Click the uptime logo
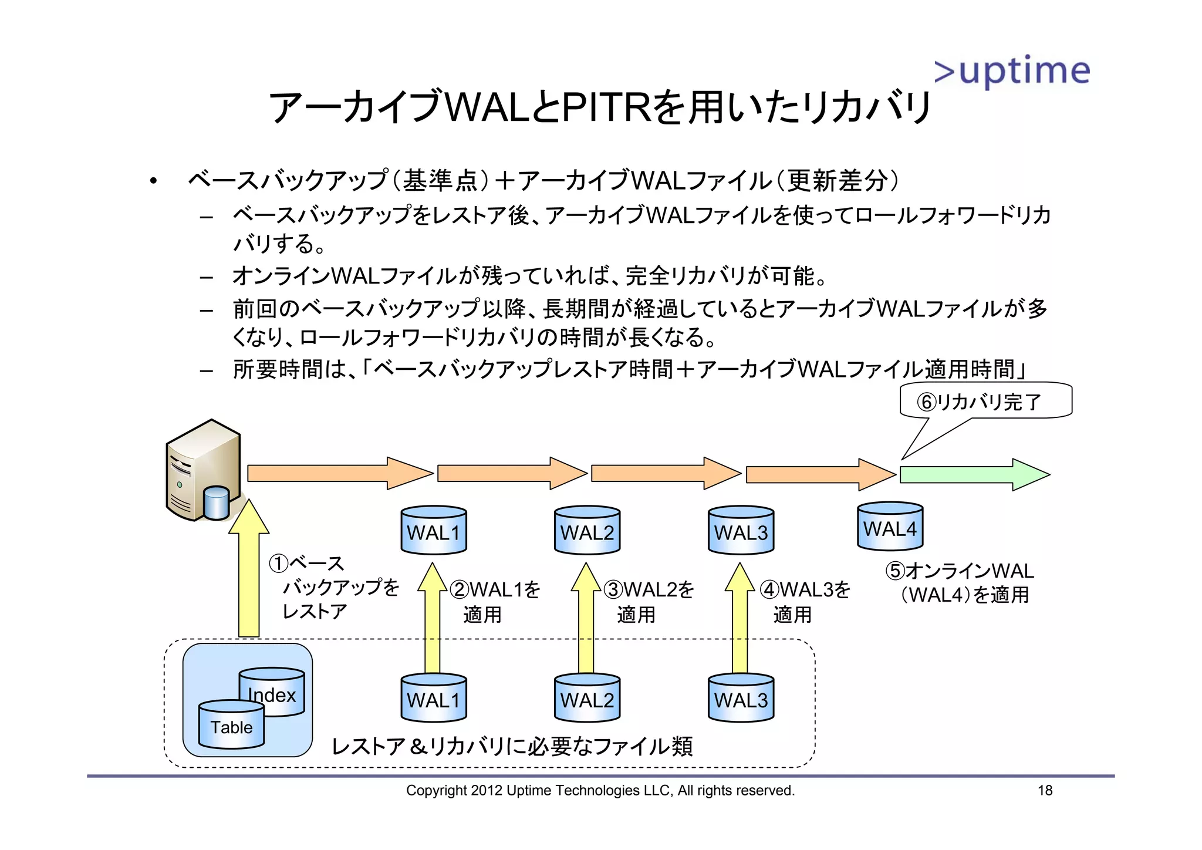pos(1012,72)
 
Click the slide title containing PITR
pos(600,107)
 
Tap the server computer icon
pos(203,471)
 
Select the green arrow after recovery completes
pos(974,474)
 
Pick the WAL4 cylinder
pos(890,527)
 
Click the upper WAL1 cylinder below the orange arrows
pos(434,531)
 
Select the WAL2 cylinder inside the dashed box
pos(587,698)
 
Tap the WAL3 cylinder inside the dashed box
pos(741,698)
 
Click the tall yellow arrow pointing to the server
pos(249,569)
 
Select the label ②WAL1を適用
pos(495,602)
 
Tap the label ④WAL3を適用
pos(805,602)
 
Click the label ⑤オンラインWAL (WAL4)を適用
pos(960,582)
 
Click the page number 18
pos(1045,790)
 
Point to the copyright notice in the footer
pos(600,790)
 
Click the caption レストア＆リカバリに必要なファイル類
pos(512,746)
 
